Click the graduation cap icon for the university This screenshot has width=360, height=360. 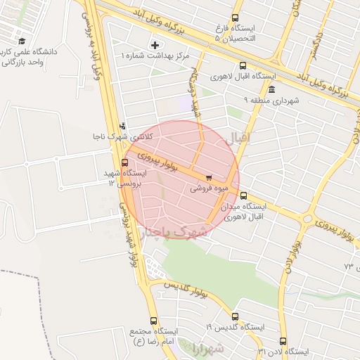(x=22, y=41)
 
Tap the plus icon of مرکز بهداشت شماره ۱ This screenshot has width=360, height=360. (x=154, y=45)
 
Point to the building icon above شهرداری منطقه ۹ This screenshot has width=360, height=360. (x=272, y=89)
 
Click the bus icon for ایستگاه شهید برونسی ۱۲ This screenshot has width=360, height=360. (x=125, y=162)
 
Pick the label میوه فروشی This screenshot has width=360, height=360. (x=207, y=189)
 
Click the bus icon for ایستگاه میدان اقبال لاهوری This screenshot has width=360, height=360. (x=243, y=196)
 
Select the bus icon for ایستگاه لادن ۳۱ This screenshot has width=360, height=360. (x=283, y=341)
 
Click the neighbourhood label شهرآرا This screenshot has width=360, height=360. (x=205, y=348)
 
